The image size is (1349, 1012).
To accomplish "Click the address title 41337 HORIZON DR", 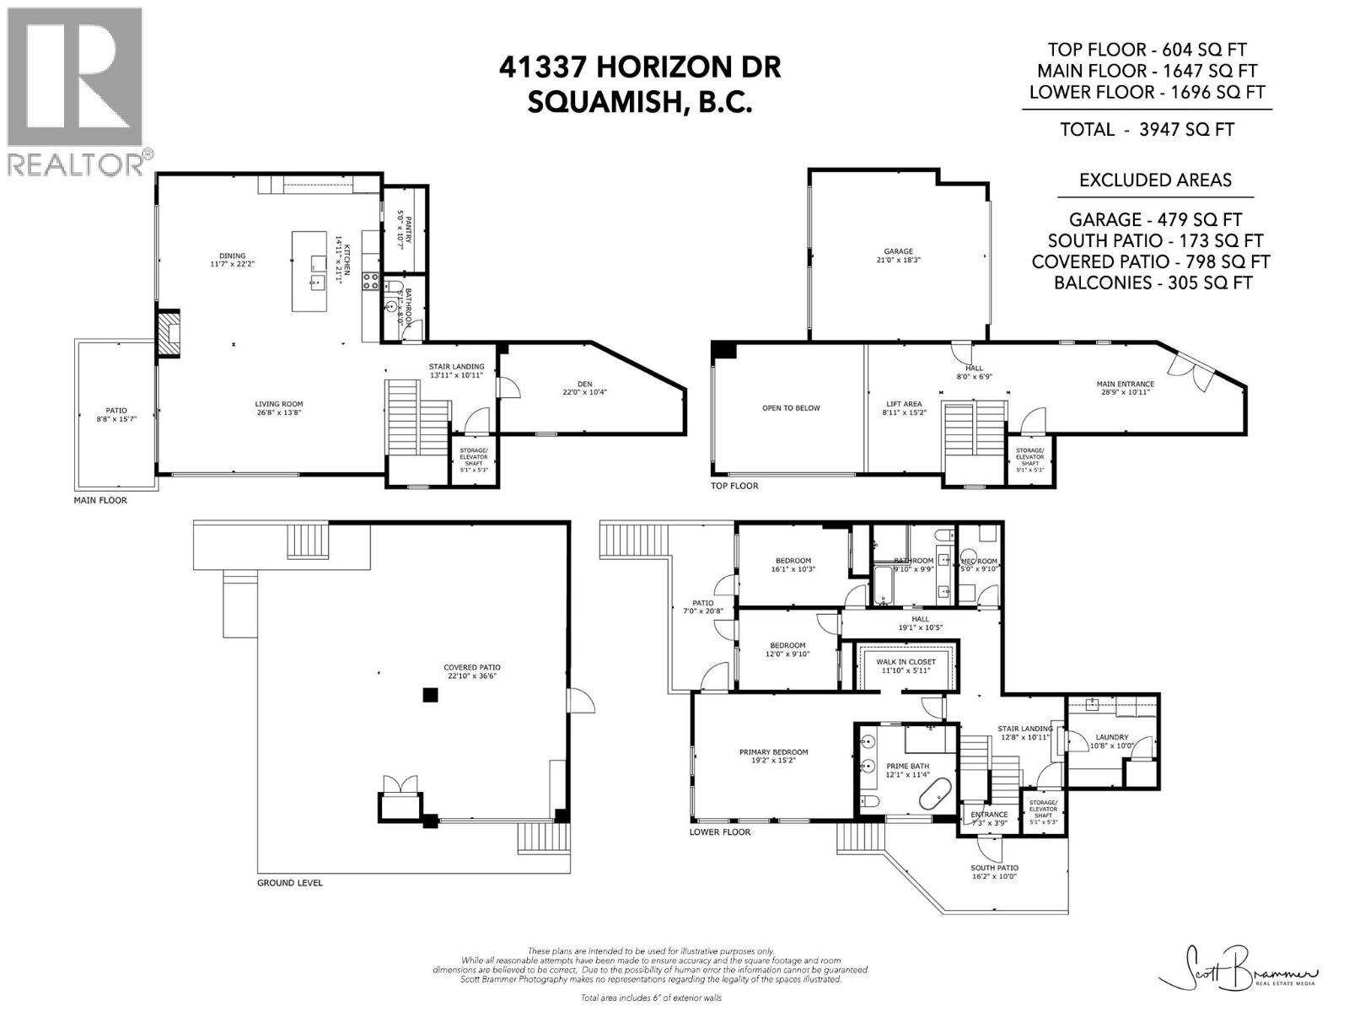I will click(x=639, y=67).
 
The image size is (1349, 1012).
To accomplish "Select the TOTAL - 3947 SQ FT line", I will click(x=1147, y=129).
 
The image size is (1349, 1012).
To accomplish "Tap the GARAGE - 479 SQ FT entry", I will click(x=1154, y=219).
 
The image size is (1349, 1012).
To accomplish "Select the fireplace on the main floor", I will click(x=169, y=334).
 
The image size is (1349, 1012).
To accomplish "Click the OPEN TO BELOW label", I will click(x=790, y=408).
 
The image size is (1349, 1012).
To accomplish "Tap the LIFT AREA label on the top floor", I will click(x=903, y=405).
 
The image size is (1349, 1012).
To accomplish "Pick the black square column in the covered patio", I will click(x=431, y=695).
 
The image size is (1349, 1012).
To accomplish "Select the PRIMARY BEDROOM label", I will click(x=773, y=752).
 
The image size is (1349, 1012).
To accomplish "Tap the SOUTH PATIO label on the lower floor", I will click(x=994, y=868).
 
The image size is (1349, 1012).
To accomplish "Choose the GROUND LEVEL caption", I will click(x=289, y=883).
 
